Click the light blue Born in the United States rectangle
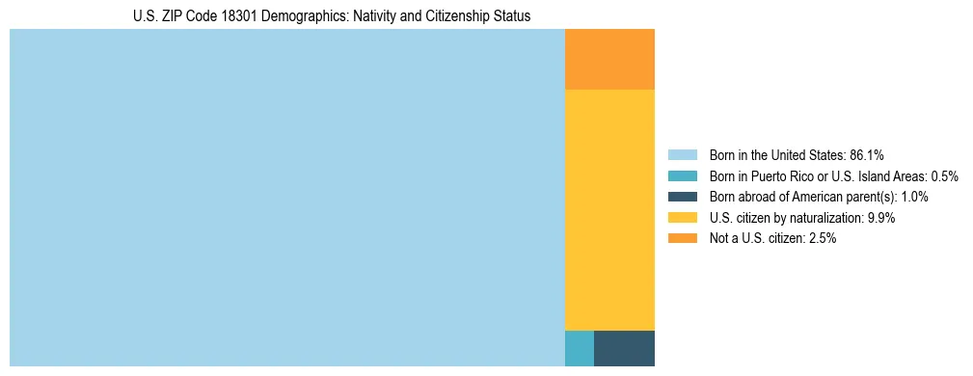point(286,198)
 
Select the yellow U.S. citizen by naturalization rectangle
point(609,209)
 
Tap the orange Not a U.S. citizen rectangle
point(609,59)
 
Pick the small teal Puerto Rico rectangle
point(579,348)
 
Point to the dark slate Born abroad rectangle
point(624,348)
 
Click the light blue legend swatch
point(682,154)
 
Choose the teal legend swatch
point(682,175)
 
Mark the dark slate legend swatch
point(682,197)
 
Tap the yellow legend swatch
point(682,218)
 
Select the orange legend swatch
point(682,238)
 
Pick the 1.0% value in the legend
point(913,197)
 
